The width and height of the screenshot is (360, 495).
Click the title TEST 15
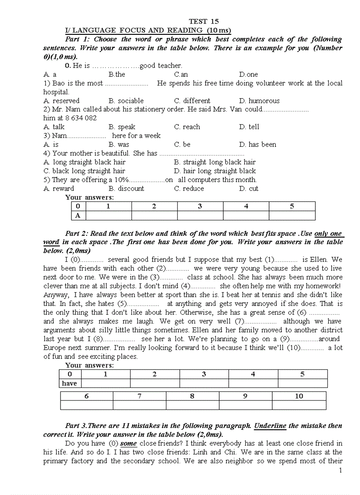click(203, 21)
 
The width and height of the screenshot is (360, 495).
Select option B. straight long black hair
click(215, 162)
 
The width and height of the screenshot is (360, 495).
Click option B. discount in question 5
click(126, 189)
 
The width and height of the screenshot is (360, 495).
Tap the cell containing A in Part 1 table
click(78, 216)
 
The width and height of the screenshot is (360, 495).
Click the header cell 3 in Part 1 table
click(200, 206)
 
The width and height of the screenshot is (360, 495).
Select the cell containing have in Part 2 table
click(70, 383)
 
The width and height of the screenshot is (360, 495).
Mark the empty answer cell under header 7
click(139, 405)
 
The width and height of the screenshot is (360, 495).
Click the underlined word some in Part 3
click(128, 443)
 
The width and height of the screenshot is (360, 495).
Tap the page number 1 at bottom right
click(340, 471)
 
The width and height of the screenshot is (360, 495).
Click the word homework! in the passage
click(321, 286)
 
